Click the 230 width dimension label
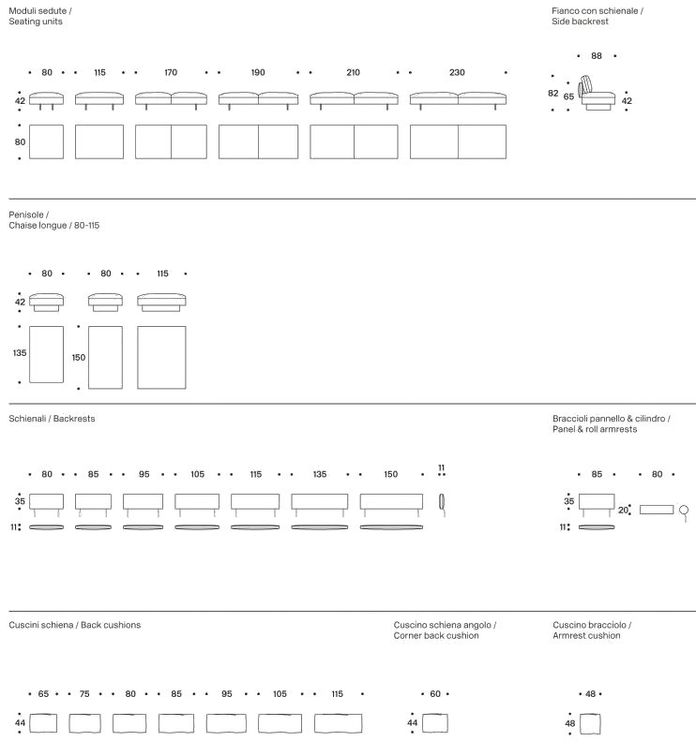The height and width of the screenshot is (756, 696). [x=457, y=72]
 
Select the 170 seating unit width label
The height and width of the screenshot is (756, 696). [x=171, y=72]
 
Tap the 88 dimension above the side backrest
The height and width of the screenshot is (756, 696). [x=597, y=56]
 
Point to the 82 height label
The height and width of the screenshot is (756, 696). [x=553, y=93]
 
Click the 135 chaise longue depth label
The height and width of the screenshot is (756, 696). [x=20, y=353]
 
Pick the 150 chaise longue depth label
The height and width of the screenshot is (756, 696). [x=79, y=357]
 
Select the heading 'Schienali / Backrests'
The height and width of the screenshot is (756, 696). [x=52, y=419]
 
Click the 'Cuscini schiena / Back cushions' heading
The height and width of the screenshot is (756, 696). [x=75, y=625]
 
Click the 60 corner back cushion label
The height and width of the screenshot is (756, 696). [x=435, y=694]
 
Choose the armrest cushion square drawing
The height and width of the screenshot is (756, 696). [x=590, y=724]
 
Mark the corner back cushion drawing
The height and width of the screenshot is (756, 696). [x=434, y=723]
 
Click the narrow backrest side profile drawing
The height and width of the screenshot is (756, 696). [x=442, y=502]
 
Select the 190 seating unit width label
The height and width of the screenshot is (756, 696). [x=258, y=72]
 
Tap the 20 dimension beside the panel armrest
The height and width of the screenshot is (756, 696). [x=623, y=511]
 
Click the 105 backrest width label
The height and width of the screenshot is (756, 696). [x=197, y=475]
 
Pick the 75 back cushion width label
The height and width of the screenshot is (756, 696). [x=84, y=694]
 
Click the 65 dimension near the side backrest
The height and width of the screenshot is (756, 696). [x=568, y=96]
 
